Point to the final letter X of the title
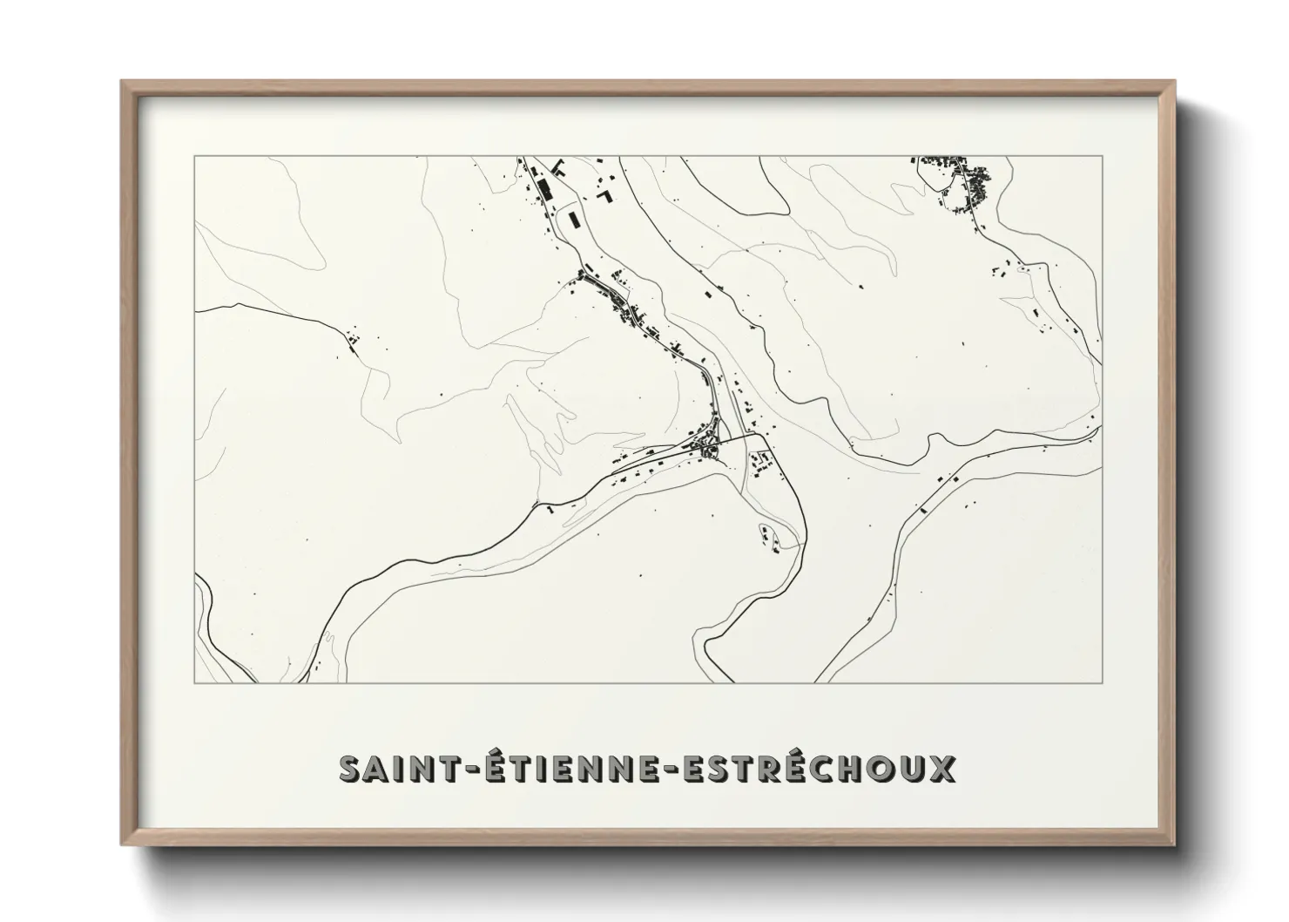tap(944, 769)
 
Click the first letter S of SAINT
tap(350, 769)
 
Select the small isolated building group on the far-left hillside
tap(352, 339)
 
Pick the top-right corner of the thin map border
tap(1102, 156)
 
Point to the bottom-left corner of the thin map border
tap(194, 682)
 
